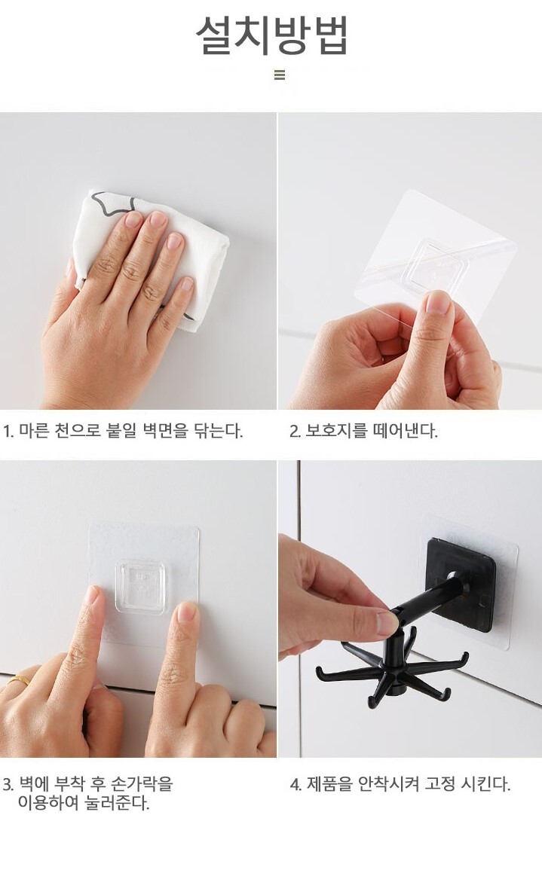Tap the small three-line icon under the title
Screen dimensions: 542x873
[x=280, y=75]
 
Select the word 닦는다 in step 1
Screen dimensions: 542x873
[x=218, y=430]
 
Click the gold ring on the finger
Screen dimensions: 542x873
[x=19, y=680]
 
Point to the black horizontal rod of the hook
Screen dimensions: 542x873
[x=430, y=599]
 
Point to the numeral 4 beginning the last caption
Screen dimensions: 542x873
[x=295, y=785]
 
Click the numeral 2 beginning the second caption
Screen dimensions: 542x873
[x=294, y=431]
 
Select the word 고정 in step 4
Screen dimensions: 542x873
[x=441, y=784]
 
